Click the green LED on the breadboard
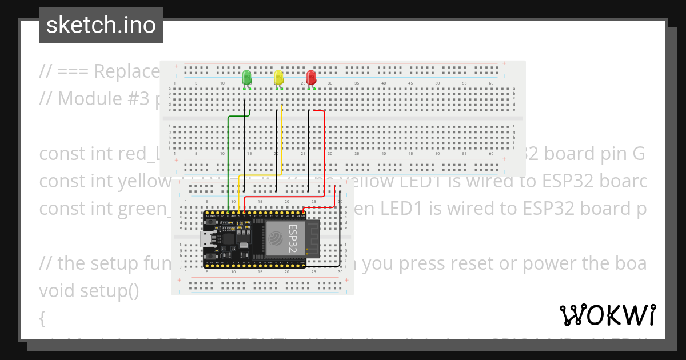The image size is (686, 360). (x=247, y=77)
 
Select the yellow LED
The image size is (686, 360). (x=278, y=77)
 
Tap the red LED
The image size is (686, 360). (x=311, y=77)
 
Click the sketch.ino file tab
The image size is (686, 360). (x=101, y=25)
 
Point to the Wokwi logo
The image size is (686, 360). (x=607, y=315)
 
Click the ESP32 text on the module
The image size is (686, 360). (x=292, y=238)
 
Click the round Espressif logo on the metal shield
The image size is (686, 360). (x=277, y=238)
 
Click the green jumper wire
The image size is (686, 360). (x=229, y=160)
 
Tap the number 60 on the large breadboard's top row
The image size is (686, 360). (x=492, y=83)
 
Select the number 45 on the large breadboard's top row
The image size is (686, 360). (x=410, y=83)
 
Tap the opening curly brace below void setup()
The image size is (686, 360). (x=42, y=318)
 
